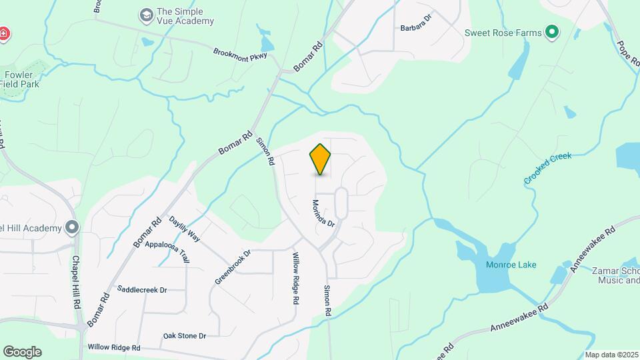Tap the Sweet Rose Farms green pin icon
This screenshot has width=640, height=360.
pyautogui.click(x=551, y=31)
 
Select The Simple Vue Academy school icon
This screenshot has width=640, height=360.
pyautogui.click(x=145, y=15)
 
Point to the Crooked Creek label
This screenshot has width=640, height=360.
pyautogui.click(x=548, y=169)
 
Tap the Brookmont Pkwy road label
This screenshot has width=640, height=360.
pyautogui.click(x=240, y=54)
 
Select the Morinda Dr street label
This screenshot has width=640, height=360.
pyautogui.click(x=323, y=213)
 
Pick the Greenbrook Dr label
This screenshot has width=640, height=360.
pyautogui.click(x=232, y=267)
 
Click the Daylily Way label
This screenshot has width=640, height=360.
pyautogui.click(x=184, y=228)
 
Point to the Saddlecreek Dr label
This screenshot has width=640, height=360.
pyautogui.click(x=142, y=289)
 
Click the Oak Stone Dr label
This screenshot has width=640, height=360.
pyautogui.click(x=185, y=335)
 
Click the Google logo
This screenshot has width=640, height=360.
pyautogui.click(x=22, y=352)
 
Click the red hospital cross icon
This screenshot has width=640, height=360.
pyautogui.click(x=3, y=33)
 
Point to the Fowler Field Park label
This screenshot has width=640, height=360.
pyautogui.click(x=21, y=79)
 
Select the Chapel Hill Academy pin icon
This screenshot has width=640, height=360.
pyautogui.click(x=72, y=227)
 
